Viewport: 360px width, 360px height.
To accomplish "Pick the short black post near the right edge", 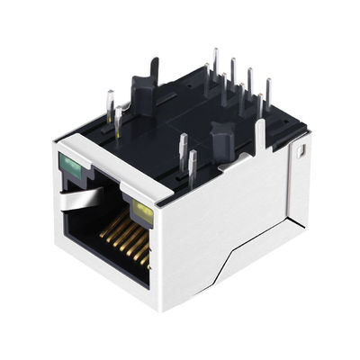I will point(220,142).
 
